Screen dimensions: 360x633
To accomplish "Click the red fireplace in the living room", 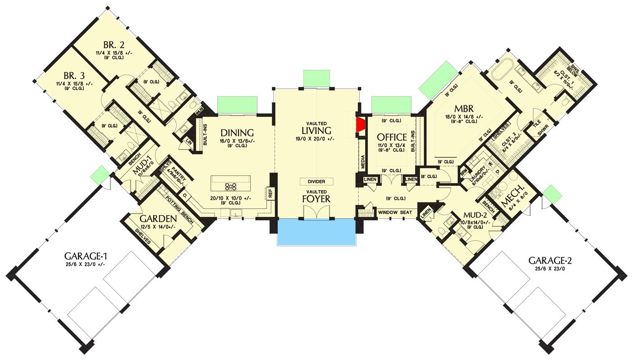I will click(361, 126).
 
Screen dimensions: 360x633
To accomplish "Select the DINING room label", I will click(237, 133).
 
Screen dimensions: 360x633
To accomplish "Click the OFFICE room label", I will click(392, 137).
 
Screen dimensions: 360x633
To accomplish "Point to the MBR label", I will click(463, 108).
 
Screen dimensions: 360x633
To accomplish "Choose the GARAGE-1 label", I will click(85, 256).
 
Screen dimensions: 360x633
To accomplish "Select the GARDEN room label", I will click(158, 219).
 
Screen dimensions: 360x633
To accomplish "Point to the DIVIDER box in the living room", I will click(316, 182).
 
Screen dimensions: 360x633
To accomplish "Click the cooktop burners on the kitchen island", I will click(231, 186).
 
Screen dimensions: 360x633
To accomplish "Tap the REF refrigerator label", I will click(270, 194).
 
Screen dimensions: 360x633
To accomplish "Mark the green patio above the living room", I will click(317, 77).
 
